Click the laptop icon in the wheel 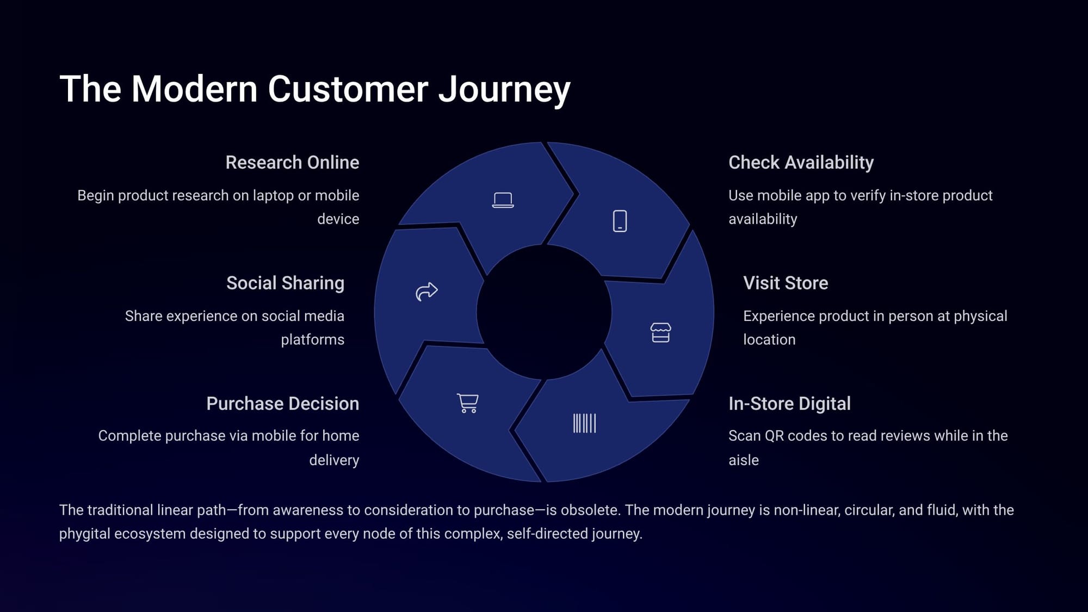click(x=503, y=200)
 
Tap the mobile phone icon click(x=620, y=221)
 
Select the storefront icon click(x=660, y=332)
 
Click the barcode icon click(x=584, y=423)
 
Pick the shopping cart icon click(x=468, y=403)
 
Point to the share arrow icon click(x=426, y=292)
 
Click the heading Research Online click(x=292, y=162)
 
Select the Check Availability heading click(x=801, y=162)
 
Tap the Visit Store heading click(x=786, y=283)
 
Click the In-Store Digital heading click(x=789, y=404)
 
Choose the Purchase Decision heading click(x=282, y=404)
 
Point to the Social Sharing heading click(x=285, y=283)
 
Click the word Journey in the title click(x=504, y=89)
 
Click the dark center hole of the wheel click(x=544, y=312)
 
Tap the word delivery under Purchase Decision click(x=334, y=460)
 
